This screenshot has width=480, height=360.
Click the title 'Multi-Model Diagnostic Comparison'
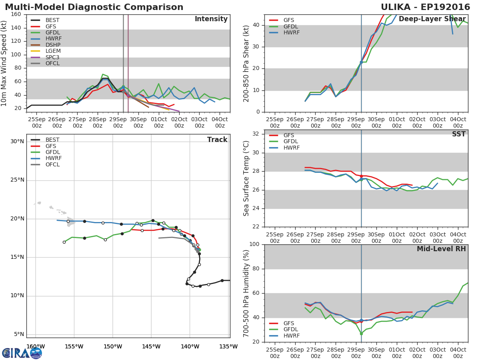coord(94,7)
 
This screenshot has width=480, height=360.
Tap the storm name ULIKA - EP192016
coord(425,7)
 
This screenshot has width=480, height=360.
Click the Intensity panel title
coord(211,19)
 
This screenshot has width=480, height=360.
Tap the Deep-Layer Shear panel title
coord(432,19)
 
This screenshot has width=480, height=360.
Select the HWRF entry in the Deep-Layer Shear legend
coord(284,32)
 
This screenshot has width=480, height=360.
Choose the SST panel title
coord(459,134)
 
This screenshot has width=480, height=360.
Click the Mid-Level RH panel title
coord(441,249)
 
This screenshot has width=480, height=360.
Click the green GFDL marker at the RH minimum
coord(361,334)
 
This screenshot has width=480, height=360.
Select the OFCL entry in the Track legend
coord(45,164)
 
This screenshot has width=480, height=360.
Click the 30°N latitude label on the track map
coord(17,142)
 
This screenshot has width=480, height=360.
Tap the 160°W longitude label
coord(36,346)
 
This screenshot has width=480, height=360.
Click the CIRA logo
coord(22,353)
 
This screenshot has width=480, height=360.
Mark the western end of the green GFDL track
coord(64,242)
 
